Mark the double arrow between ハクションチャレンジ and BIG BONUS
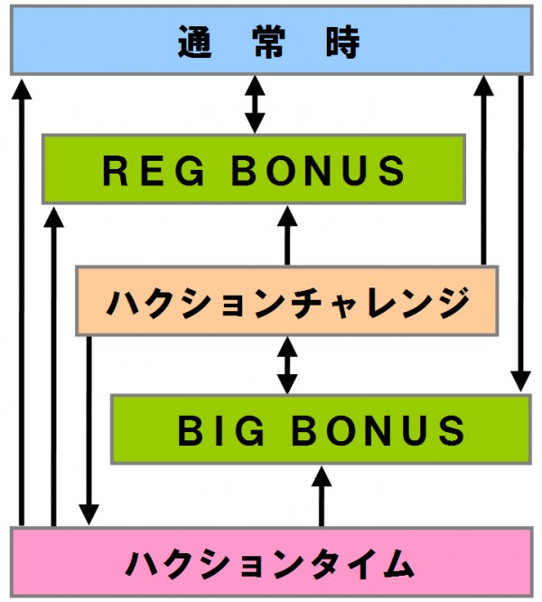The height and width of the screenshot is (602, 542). [287, 364]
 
